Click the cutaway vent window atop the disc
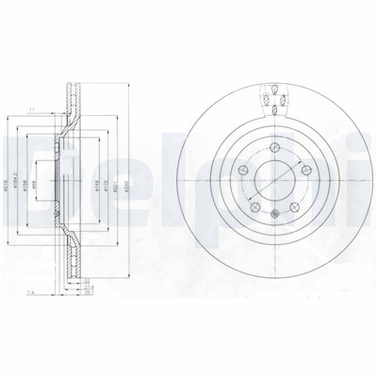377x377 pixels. pos(274,97)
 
